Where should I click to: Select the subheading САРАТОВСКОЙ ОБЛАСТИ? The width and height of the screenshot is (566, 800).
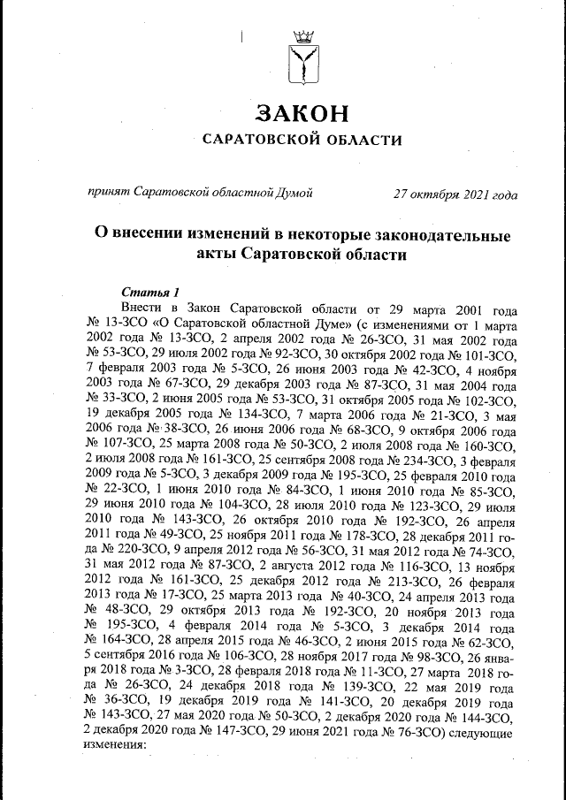(x=302, y=140)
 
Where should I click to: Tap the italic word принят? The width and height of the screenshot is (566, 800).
(x=108, y=194)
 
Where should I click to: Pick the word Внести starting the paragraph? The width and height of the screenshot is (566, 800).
(x=144, y=309)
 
